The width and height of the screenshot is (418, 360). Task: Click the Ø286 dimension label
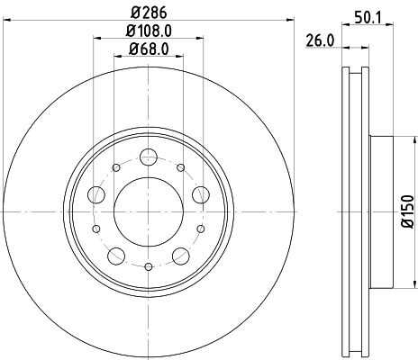coord(149,13)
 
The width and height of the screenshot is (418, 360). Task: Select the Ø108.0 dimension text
coord(149,31)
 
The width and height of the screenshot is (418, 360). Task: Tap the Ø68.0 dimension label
coord(149,49)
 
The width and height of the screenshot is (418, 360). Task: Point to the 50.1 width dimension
coord(368,19)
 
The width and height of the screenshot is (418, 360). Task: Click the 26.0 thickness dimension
coord(320,40)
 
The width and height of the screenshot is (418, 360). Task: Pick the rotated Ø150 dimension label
coord(408,211)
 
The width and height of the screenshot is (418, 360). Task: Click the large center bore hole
coord(149,211)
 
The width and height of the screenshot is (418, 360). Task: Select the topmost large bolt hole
coord(149,157)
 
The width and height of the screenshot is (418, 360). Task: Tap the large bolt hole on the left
coord(96,194)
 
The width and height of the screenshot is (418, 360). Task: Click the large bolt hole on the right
coord(201,194)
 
